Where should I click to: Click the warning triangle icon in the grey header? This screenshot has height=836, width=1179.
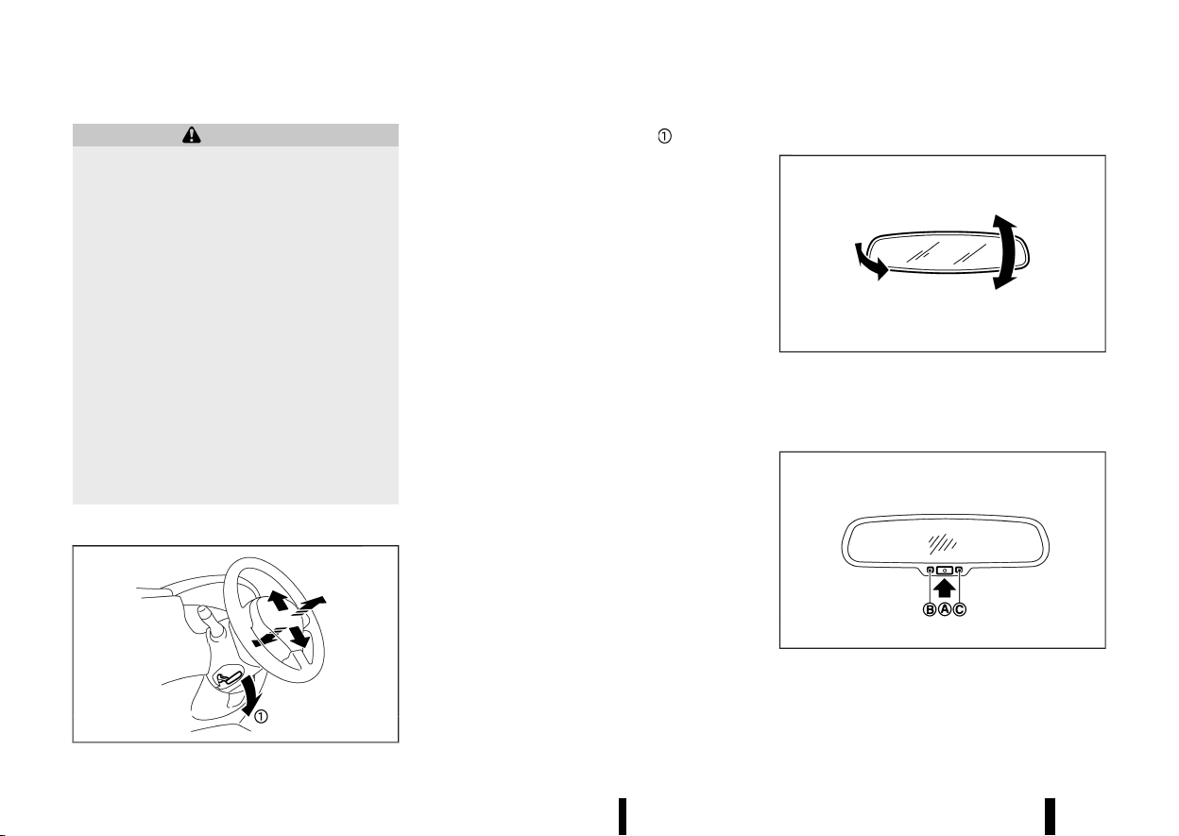[192, 135]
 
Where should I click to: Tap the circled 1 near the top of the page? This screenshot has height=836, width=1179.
[664, 136]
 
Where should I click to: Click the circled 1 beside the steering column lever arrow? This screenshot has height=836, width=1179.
[261, 716]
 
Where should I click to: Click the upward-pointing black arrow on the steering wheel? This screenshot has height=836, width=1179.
[278, 601]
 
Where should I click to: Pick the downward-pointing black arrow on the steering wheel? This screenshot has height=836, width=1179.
[299, 637]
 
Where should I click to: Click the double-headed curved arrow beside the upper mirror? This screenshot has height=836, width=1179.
[1004, 252]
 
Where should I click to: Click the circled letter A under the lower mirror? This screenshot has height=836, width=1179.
[945, 609]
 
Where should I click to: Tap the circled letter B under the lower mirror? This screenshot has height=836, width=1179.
[930, 609]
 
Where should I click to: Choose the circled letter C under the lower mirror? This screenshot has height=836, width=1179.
[960, 609]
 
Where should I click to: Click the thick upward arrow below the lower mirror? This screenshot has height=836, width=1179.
[945, 589]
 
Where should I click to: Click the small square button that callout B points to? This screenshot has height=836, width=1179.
[930, 570]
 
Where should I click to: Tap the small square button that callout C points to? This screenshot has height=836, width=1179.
[959, 570]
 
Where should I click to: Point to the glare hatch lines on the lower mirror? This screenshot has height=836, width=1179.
[942, 544]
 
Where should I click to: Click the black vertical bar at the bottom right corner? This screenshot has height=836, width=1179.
[1051, 816]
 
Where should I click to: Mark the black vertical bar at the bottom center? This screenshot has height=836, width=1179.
[623, 816]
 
